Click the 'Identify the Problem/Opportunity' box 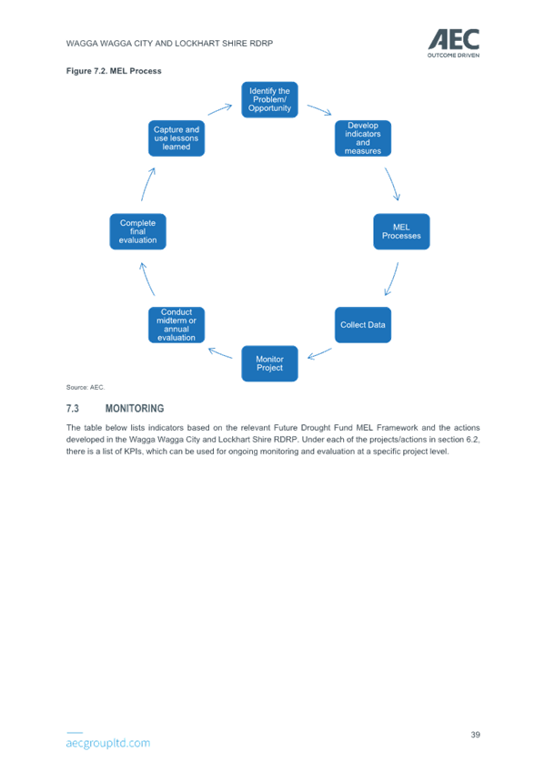click(x=269, y=99)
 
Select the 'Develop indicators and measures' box click(x=363, y=138)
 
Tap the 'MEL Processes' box click(x=401, y=231)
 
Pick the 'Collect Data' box click(x=363, y=325)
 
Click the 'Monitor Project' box click(x=269, y=363)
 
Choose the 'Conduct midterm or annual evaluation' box click(x=177, y=325)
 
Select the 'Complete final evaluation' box click(x=137, y=231)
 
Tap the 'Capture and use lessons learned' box click(x=177, y=138)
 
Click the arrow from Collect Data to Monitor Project click(x=319, y=354)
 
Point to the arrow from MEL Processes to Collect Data click(x=392, y=279)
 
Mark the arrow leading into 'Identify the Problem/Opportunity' click(x=220, y=109)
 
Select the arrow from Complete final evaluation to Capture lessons click(x=147, y=184)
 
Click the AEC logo click(x=453, y=44)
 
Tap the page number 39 click(x=475, y=735)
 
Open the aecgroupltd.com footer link click(x=108, y=743)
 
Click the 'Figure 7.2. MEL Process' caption click(x=114, y=71)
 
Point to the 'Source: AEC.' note click(x=86, y=388)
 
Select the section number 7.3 click(x=72, y=409)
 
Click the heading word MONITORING click(x=135, y=409)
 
